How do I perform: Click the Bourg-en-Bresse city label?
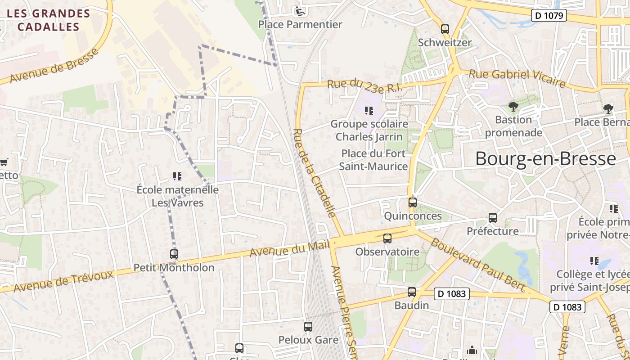tap(545, 159)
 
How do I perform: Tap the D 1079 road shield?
tap(548, 16)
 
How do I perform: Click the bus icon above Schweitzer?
tap(445, 29)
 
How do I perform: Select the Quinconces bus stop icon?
tap(413, 202)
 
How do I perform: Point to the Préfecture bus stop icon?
tap(493, 218)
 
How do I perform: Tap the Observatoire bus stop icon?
tap(387, 238)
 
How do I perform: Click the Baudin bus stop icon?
tap(412, 292)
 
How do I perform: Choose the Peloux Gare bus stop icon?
tap(308, 327)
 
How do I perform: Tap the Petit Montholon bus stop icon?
tap(174, 254)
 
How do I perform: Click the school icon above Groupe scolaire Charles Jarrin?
tap(369, 110)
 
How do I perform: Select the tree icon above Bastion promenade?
tap(513, 107)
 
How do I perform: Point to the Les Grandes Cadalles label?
tap(49, 20)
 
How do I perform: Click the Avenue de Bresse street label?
tap(54, 66)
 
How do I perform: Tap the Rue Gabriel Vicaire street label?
tap(517, 78)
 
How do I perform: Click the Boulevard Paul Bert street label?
tap(478, 264)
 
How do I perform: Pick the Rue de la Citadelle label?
tap(315, 174)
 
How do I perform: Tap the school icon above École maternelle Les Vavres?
tap(177, 176)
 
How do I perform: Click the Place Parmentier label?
tap(300, 24)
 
